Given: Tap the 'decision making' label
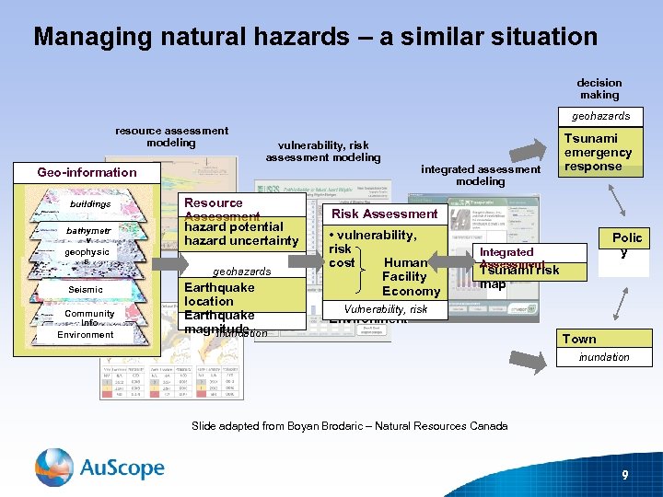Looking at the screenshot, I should pyautogui.click(x=599, y=88).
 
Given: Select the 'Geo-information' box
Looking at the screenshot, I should pyautogui.click(x=87, y=172).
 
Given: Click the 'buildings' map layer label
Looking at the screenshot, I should pyautogui.click(x=89, y=204).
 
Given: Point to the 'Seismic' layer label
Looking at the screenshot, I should pyautogui.click(x=86, y=290).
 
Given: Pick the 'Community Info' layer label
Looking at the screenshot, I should pyautogui.click(x=89, y=318).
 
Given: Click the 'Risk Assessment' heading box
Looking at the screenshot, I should pyautogui.click(x=385, y=214).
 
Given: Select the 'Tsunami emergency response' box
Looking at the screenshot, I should pyautogui.click(x=598, y=152).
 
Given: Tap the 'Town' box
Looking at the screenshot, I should pyautogui.click(x=579, y=339).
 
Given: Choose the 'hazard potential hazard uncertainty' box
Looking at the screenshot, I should pyautogui.click(x=241, y=234).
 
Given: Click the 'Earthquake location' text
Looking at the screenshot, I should pyautogui.click(x=219, y=294).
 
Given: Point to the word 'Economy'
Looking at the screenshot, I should pyautogui.click(x=411, y=291).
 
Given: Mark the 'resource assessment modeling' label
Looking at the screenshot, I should pyautogui.click(x=171, y=137).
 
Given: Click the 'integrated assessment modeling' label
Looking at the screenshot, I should pyautogui.click(x=481, y=175).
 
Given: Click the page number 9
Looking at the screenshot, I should pyautogui.click(x=625, y=475).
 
